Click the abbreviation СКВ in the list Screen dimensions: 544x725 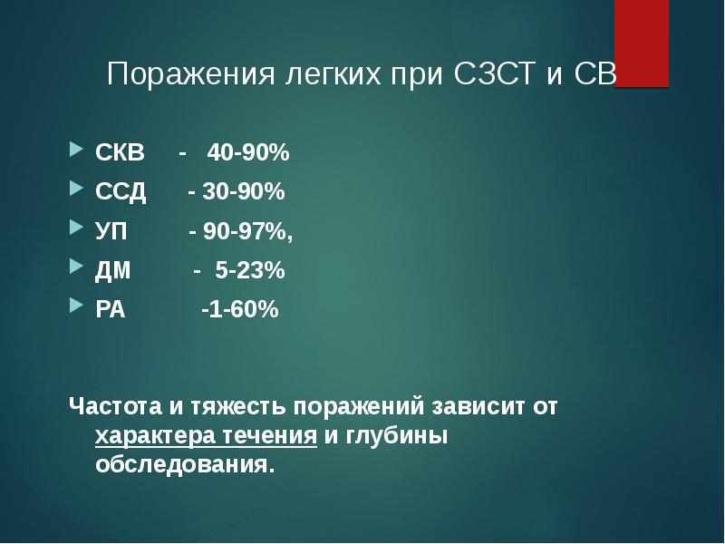tap(120, 153)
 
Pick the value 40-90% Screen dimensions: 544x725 tap(247, 153)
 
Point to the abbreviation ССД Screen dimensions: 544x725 tap(121, 192)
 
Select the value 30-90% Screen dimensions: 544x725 tap(242, 192)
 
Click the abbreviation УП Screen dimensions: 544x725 tap(112, 231)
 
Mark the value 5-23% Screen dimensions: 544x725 tap(250, 270)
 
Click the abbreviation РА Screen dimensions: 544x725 tap(111, 310)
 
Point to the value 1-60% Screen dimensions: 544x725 tap(243, 310)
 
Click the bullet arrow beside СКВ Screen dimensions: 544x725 tap(76, 151)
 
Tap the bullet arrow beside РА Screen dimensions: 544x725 tap(76, 308)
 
